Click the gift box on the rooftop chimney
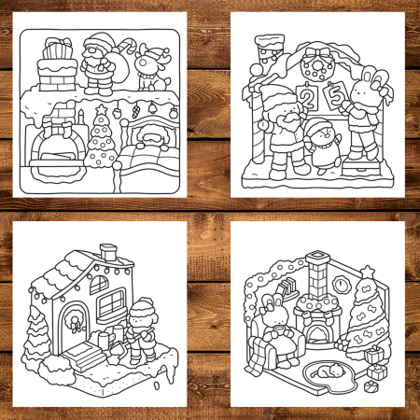[x=57, y=49]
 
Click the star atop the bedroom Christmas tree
[x=101, y=109]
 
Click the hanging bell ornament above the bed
[x=152, y=107]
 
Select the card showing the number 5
[x=335, y=94]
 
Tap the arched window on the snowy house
[x=99, y=285]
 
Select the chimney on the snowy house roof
[x=109, y=252]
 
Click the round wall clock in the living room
[x=341, y=284]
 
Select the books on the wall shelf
[x=288, y=287]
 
